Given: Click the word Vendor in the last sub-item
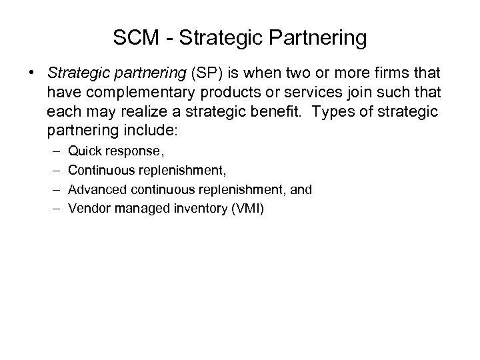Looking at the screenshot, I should coord(89,209).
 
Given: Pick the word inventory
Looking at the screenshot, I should coord(194,209).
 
